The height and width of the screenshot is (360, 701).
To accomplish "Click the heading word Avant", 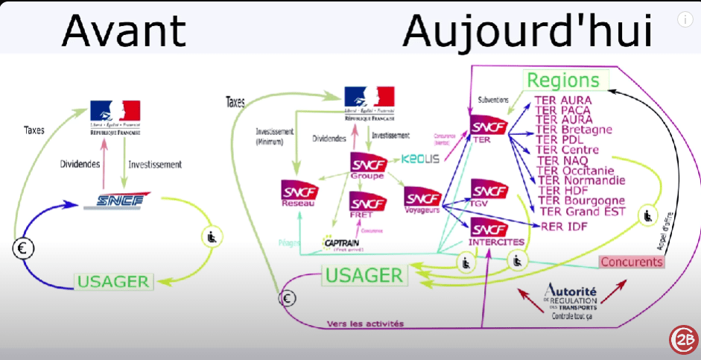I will (x=123, y=31).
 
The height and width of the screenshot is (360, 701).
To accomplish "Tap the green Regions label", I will (x=563, y=80).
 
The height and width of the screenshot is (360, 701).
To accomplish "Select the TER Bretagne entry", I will (x=574, y=130).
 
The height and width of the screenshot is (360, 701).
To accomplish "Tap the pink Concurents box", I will (x=631, y=262).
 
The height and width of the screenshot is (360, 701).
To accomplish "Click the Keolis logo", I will (x=420, y=159).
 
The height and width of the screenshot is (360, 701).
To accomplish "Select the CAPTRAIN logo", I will (x=343, y=242).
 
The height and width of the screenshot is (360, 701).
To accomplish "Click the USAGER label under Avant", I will (x=114, y=281).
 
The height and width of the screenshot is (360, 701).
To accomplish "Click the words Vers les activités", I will (x=365, y=323).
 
